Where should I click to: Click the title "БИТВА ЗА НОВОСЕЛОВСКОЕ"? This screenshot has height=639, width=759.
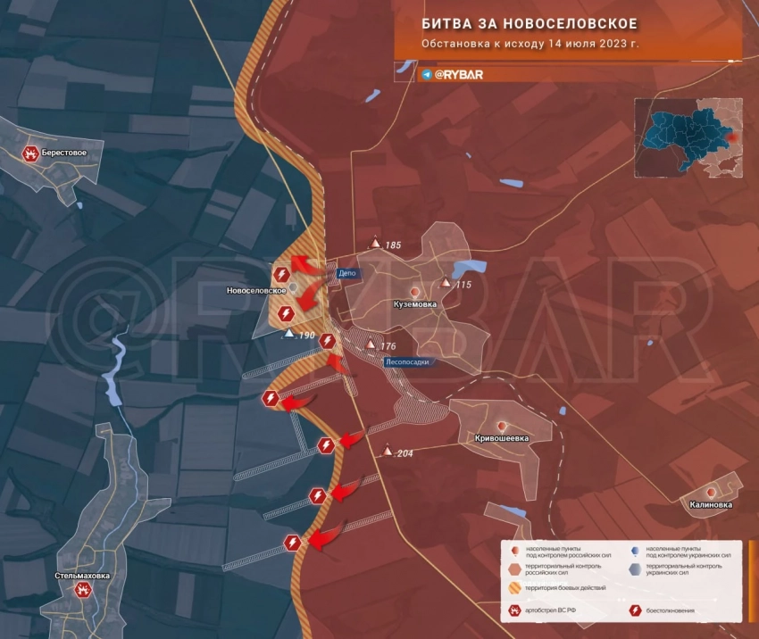(x=530, y=23)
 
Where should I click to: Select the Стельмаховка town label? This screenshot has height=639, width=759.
(x=82, y=576)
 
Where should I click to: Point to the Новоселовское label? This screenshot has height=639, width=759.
(x=256, y=291)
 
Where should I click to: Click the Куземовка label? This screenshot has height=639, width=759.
(x=415, y=304)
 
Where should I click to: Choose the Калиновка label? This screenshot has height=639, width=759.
(x=711, y=504)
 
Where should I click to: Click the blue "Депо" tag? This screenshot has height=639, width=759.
(x=348, y=274)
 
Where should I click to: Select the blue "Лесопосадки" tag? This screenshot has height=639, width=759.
(x=412, y=362)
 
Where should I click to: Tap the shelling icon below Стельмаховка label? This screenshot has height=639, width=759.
(x=83, y=590)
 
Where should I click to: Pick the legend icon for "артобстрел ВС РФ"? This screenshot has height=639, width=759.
(x=515, y=611)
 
